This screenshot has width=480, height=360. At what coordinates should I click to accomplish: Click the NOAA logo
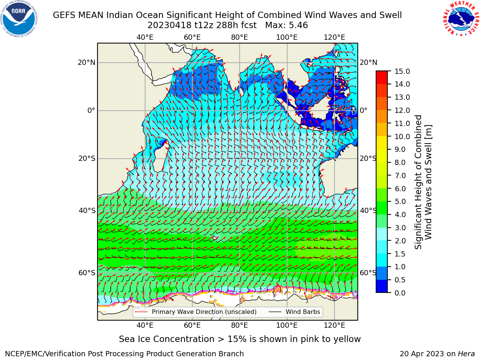[19, 19]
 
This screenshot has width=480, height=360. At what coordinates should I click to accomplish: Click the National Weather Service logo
[461, 18]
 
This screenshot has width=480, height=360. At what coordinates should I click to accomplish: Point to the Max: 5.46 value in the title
[286, 25]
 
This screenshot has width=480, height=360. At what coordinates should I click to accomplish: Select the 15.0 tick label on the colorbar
[402, 71]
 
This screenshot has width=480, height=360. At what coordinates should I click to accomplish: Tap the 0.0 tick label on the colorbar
[400, 292]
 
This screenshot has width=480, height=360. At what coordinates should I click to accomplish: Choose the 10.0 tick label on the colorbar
[402, 136]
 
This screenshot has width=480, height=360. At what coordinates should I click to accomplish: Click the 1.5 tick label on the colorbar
[400, 254]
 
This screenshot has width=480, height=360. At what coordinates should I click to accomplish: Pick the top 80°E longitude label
[240, 37]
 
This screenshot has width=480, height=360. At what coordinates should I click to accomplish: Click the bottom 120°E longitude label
[334, 325]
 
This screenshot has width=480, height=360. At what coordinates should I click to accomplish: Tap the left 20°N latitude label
[87, 63]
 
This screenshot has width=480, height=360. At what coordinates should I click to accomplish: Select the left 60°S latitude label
[87, 273]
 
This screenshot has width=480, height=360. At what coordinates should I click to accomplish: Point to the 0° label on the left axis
[91, 110]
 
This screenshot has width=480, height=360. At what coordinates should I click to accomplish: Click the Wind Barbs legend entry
[294, 312]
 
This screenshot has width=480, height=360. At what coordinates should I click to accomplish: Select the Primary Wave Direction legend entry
[196, 312]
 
